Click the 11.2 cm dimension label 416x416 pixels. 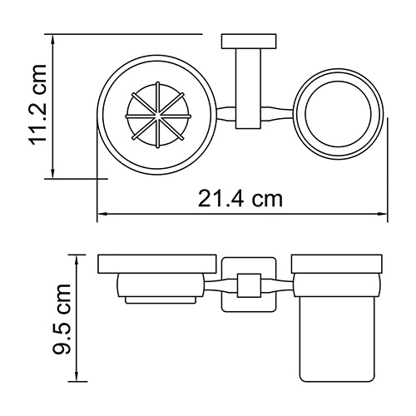(x=37, y=105)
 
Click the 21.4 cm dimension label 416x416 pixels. (x=240, y=199)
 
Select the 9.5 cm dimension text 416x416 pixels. (x=62, y=319)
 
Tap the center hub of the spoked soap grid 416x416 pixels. (x=157, y=115)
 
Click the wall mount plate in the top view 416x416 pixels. (x=249, y=42)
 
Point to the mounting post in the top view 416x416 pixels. (x=248, y=89)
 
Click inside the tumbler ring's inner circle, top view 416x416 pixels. (x=338, y=114)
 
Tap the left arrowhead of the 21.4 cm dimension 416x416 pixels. (x=102, y=214)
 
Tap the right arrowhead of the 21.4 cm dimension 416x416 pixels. (x=383, y=214)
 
